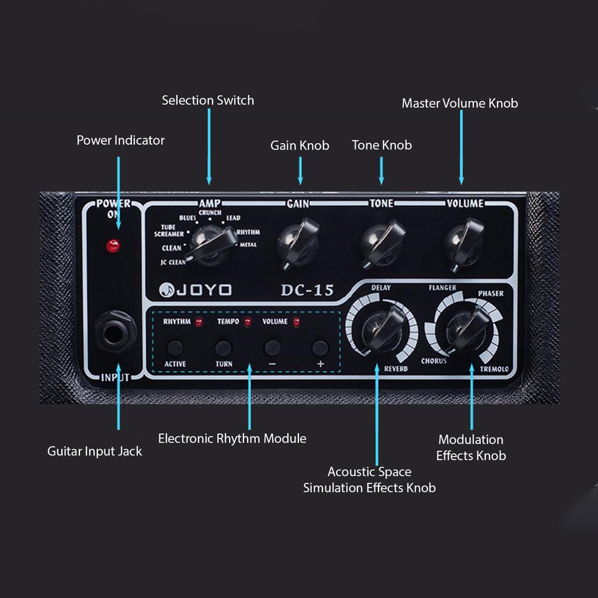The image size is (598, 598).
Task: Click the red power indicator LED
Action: coord(113,246)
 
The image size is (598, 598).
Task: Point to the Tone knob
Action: coord(382,242)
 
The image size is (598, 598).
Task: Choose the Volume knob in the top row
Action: coord(464,242)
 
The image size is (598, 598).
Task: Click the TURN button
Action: coord(223,349)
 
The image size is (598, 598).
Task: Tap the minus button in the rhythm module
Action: coord(272,349)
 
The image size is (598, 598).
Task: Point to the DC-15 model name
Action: coord(307,290)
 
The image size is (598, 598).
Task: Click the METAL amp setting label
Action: coord(248,245)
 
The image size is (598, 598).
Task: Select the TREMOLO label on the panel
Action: coord(494,369)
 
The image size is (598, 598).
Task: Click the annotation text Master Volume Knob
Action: coord(460,103)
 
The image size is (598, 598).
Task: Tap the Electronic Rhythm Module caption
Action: coord(232,439)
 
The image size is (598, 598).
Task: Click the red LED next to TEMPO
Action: coord(248,322)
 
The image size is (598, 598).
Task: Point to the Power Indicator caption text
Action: coord(120,140)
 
